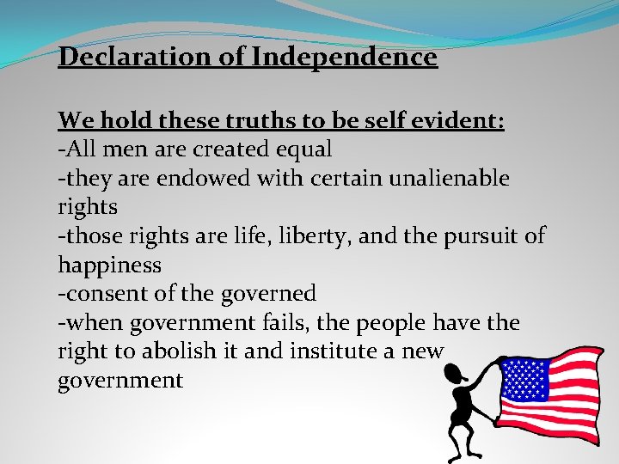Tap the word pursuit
pyautogui.click(x=483, y=236)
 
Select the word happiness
pyautogui.click(x=109, y=266)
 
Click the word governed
pyautogui.click(x=269, y=294)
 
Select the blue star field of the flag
pyautogui.click(x=524, y=378)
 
